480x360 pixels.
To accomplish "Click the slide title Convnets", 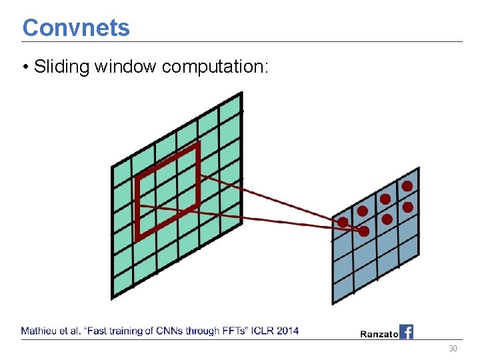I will point(76,27).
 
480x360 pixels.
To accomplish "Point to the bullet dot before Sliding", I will point(25,67).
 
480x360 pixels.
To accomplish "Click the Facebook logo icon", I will point(406,331).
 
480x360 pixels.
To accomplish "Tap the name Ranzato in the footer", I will point(379,333).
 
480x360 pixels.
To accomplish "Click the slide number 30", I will point(453,349).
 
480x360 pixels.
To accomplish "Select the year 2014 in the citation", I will point(287,330).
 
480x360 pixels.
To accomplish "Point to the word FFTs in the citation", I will point(221,330).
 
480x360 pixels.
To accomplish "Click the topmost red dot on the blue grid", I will point(407,186).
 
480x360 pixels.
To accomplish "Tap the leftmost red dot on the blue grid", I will point(343,221).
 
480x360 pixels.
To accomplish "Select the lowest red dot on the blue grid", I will point(364,231).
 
